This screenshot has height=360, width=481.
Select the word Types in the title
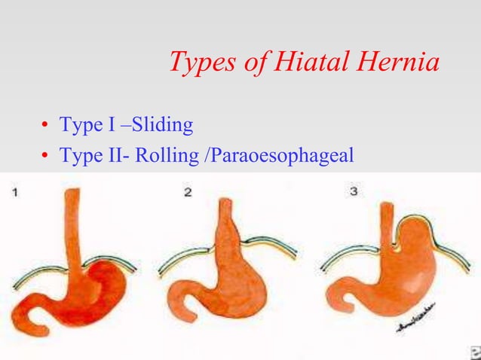tap(198, 63)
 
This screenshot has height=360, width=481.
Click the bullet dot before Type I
tap(45, 126)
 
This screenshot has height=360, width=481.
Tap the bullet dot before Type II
tap(45, 157)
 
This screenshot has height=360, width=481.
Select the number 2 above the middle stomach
tap(188, 193)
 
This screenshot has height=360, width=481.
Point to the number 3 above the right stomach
tap(353, 193)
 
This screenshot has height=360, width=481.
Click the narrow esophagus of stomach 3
tap(385, 226)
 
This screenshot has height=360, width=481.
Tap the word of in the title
tap(256, 63)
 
